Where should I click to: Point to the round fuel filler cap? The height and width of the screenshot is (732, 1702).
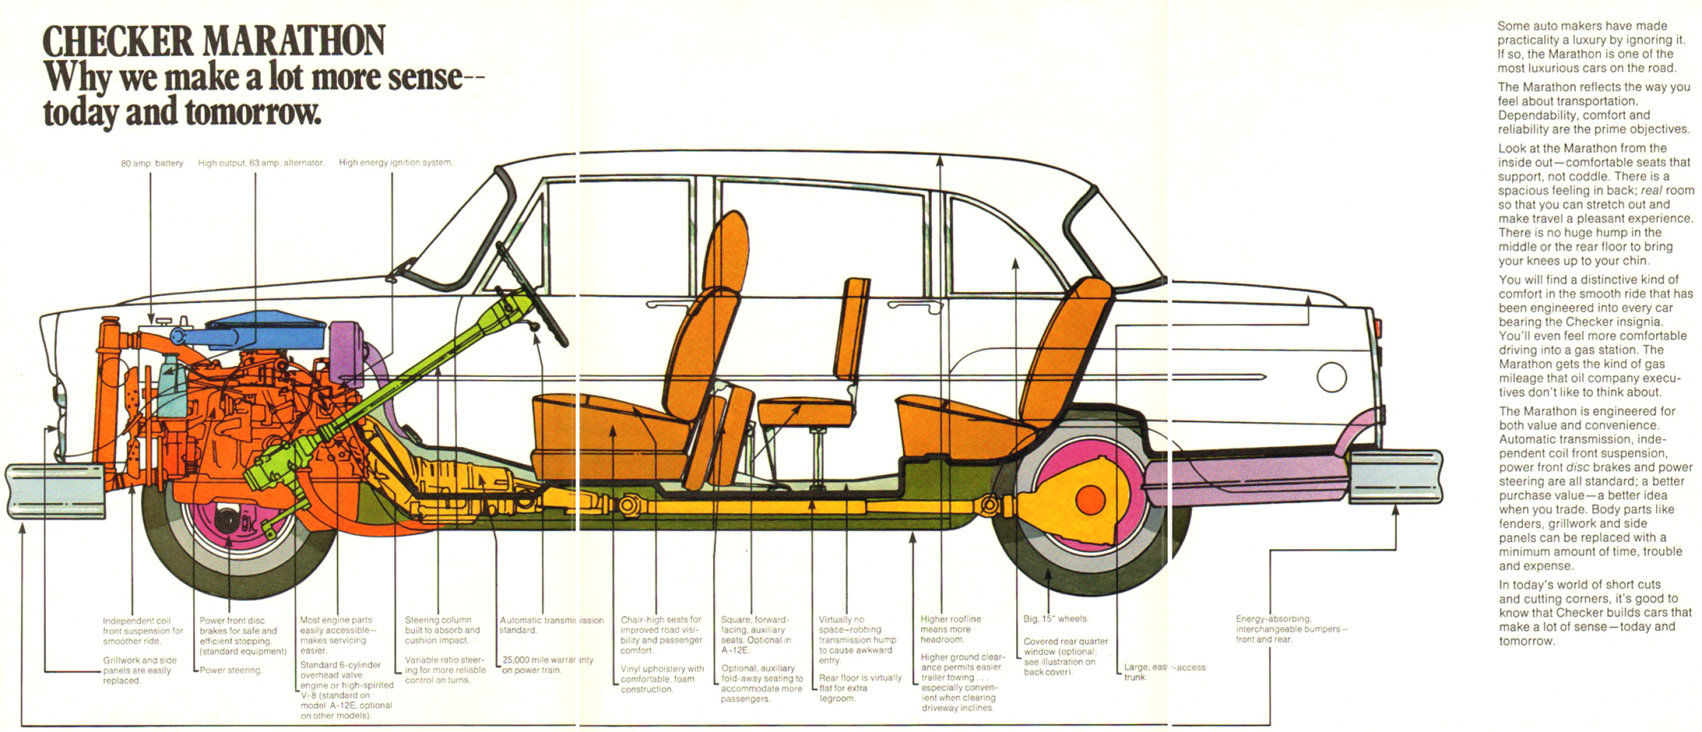tap(1332, 377)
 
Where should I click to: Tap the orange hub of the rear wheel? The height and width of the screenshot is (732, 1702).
tap(1089, 500)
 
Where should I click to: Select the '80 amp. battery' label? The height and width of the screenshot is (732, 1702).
tap(151, 163)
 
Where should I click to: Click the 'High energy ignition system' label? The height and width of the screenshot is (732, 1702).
tap(395, 162)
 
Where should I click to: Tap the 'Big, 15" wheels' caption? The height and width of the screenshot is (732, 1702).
tap(1055, 619)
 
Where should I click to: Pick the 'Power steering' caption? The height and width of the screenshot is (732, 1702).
tap(231, 670)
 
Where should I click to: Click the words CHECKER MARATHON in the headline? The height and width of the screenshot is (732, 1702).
tap(214, 41)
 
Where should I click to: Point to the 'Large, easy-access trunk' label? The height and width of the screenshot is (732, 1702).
tap(1164, 672)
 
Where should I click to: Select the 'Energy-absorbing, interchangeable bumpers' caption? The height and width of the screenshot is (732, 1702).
tap(1291, 629)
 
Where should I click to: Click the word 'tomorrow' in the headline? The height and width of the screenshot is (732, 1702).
tap(253, 112)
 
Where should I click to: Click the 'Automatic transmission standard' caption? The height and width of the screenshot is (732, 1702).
tap(551, 625)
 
